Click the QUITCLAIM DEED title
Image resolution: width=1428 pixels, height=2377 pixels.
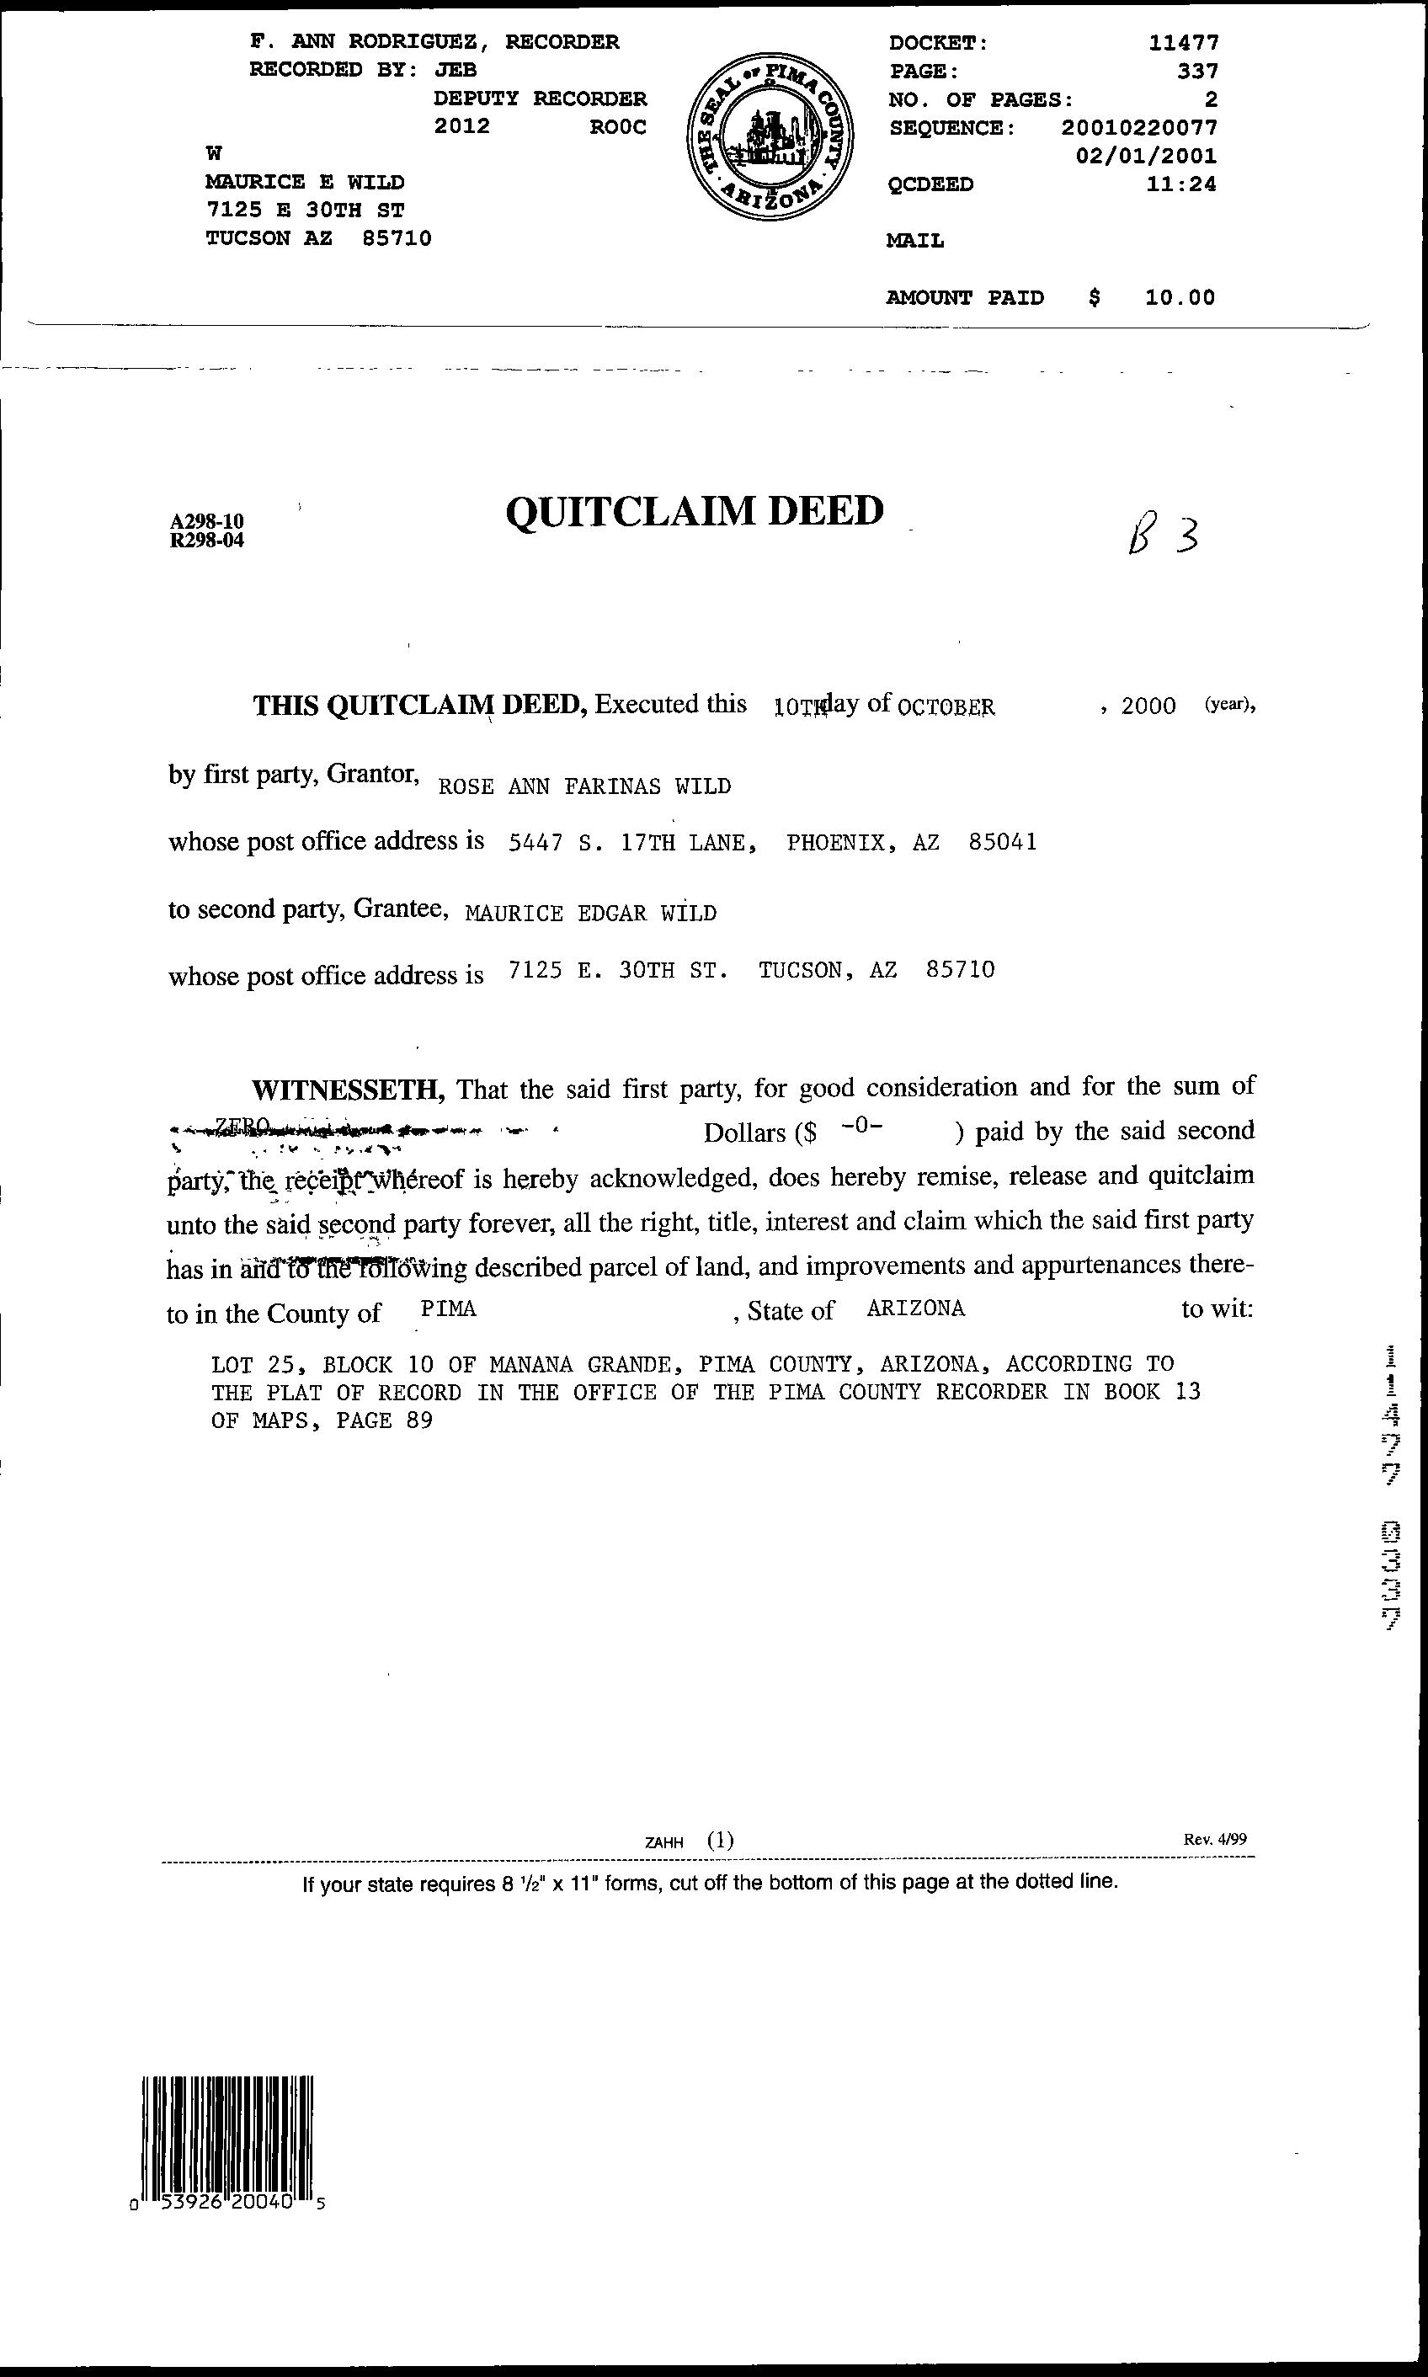point(694,511)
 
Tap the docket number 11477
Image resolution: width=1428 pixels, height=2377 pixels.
point(1184,42)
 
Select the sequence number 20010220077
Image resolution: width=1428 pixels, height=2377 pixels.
point(1139,127)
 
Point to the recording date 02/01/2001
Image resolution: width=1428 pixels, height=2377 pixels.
point(1146,156)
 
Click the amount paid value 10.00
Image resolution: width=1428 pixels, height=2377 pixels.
point(1180,297)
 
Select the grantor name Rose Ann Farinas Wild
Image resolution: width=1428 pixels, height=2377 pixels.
point(584,786)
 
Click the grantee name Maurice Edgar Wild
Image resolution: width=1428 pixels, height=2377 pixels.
point(591,914)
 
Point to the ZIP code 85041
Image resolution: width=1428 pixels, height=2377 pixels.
point(1003,843)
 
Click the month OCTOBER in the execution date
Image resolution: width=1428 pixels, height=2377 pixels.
point(945,707)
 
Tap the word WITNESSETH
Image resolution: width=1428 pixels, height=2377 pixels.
point(348,1090)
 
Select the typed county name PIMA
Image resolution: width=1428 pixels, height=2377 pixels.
point(450,1308)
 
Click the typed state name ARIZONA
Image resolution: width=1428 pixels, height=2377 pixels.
point(915,1308)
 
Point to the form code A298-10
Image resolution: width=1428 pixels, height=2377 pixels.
point(207,523)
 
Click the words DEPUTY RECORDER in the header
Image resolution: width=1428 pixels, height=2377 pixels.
point(540,99)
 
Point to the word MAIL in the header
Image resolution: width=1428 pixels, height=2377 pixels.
point(914,241)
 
